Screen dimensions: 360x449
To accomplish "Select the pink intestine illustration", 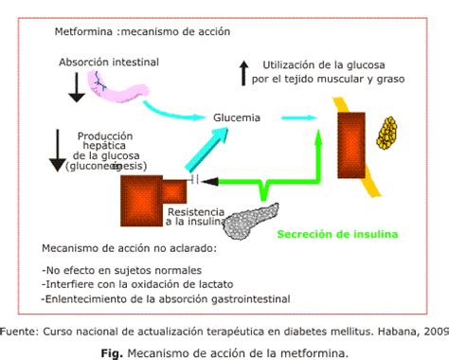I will click(x=117, y=88).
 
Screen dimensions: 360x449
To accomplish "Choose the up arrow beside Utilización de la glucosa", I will click(x=243, y=72).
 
